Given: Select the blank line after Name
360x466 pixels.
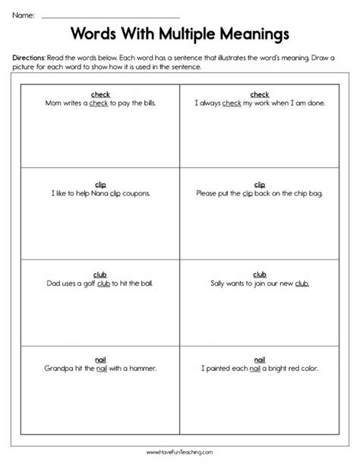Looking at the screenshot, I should [x=110, y=16].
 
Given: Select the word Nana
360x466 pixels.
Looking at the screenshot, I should [x=93, y=193].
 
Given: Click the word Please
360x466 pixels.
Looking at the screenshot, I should [x=208, y=193].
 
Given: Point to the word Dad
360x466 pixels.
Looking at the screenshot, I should [x=53, y=284].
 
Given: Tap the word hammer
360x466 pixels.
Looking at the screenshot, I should [x=144, y=369].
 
